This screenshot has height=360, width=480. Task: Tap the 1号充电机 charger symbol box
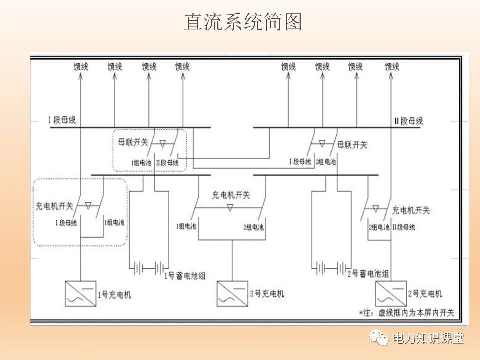pyautogui.click(x=80, y=294)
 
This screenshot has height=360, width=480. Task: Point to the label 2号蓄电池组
pyautogui.click(x=368, y=274)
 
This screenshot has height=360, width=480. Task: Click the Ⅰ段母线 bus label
pyautogui.click(x=62, y=120)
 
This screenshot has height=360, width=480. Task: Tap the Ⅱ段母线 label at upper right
pyautogui.click(x=408, y=121)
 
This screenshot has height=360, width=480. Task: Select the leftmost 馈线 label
pyautogui.click(x=80, y=66)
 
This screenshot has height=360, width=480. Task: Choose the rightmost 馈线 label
pyautogui.click(x=392, y=66)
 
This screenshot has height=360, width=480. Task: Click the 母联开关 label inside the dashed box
pyautogui.click(x=132, y=142)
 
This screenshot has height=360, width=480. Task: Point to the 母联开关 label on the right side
pyautogui.click(x=352, y=145)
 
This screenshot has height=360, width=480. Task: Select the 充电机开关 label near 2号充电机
pyautogui.click(x=411, y=210)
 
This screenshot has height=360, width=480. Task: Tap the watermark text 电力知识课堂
pyautogui.click(x=428, y=338)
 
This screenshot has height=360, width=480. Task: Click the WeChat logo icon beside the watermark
pyautogui.click(x=379, y=338)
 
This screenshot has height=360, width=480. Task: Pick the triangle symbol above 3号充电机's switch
pyautogui.click(x=230, y=207)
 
